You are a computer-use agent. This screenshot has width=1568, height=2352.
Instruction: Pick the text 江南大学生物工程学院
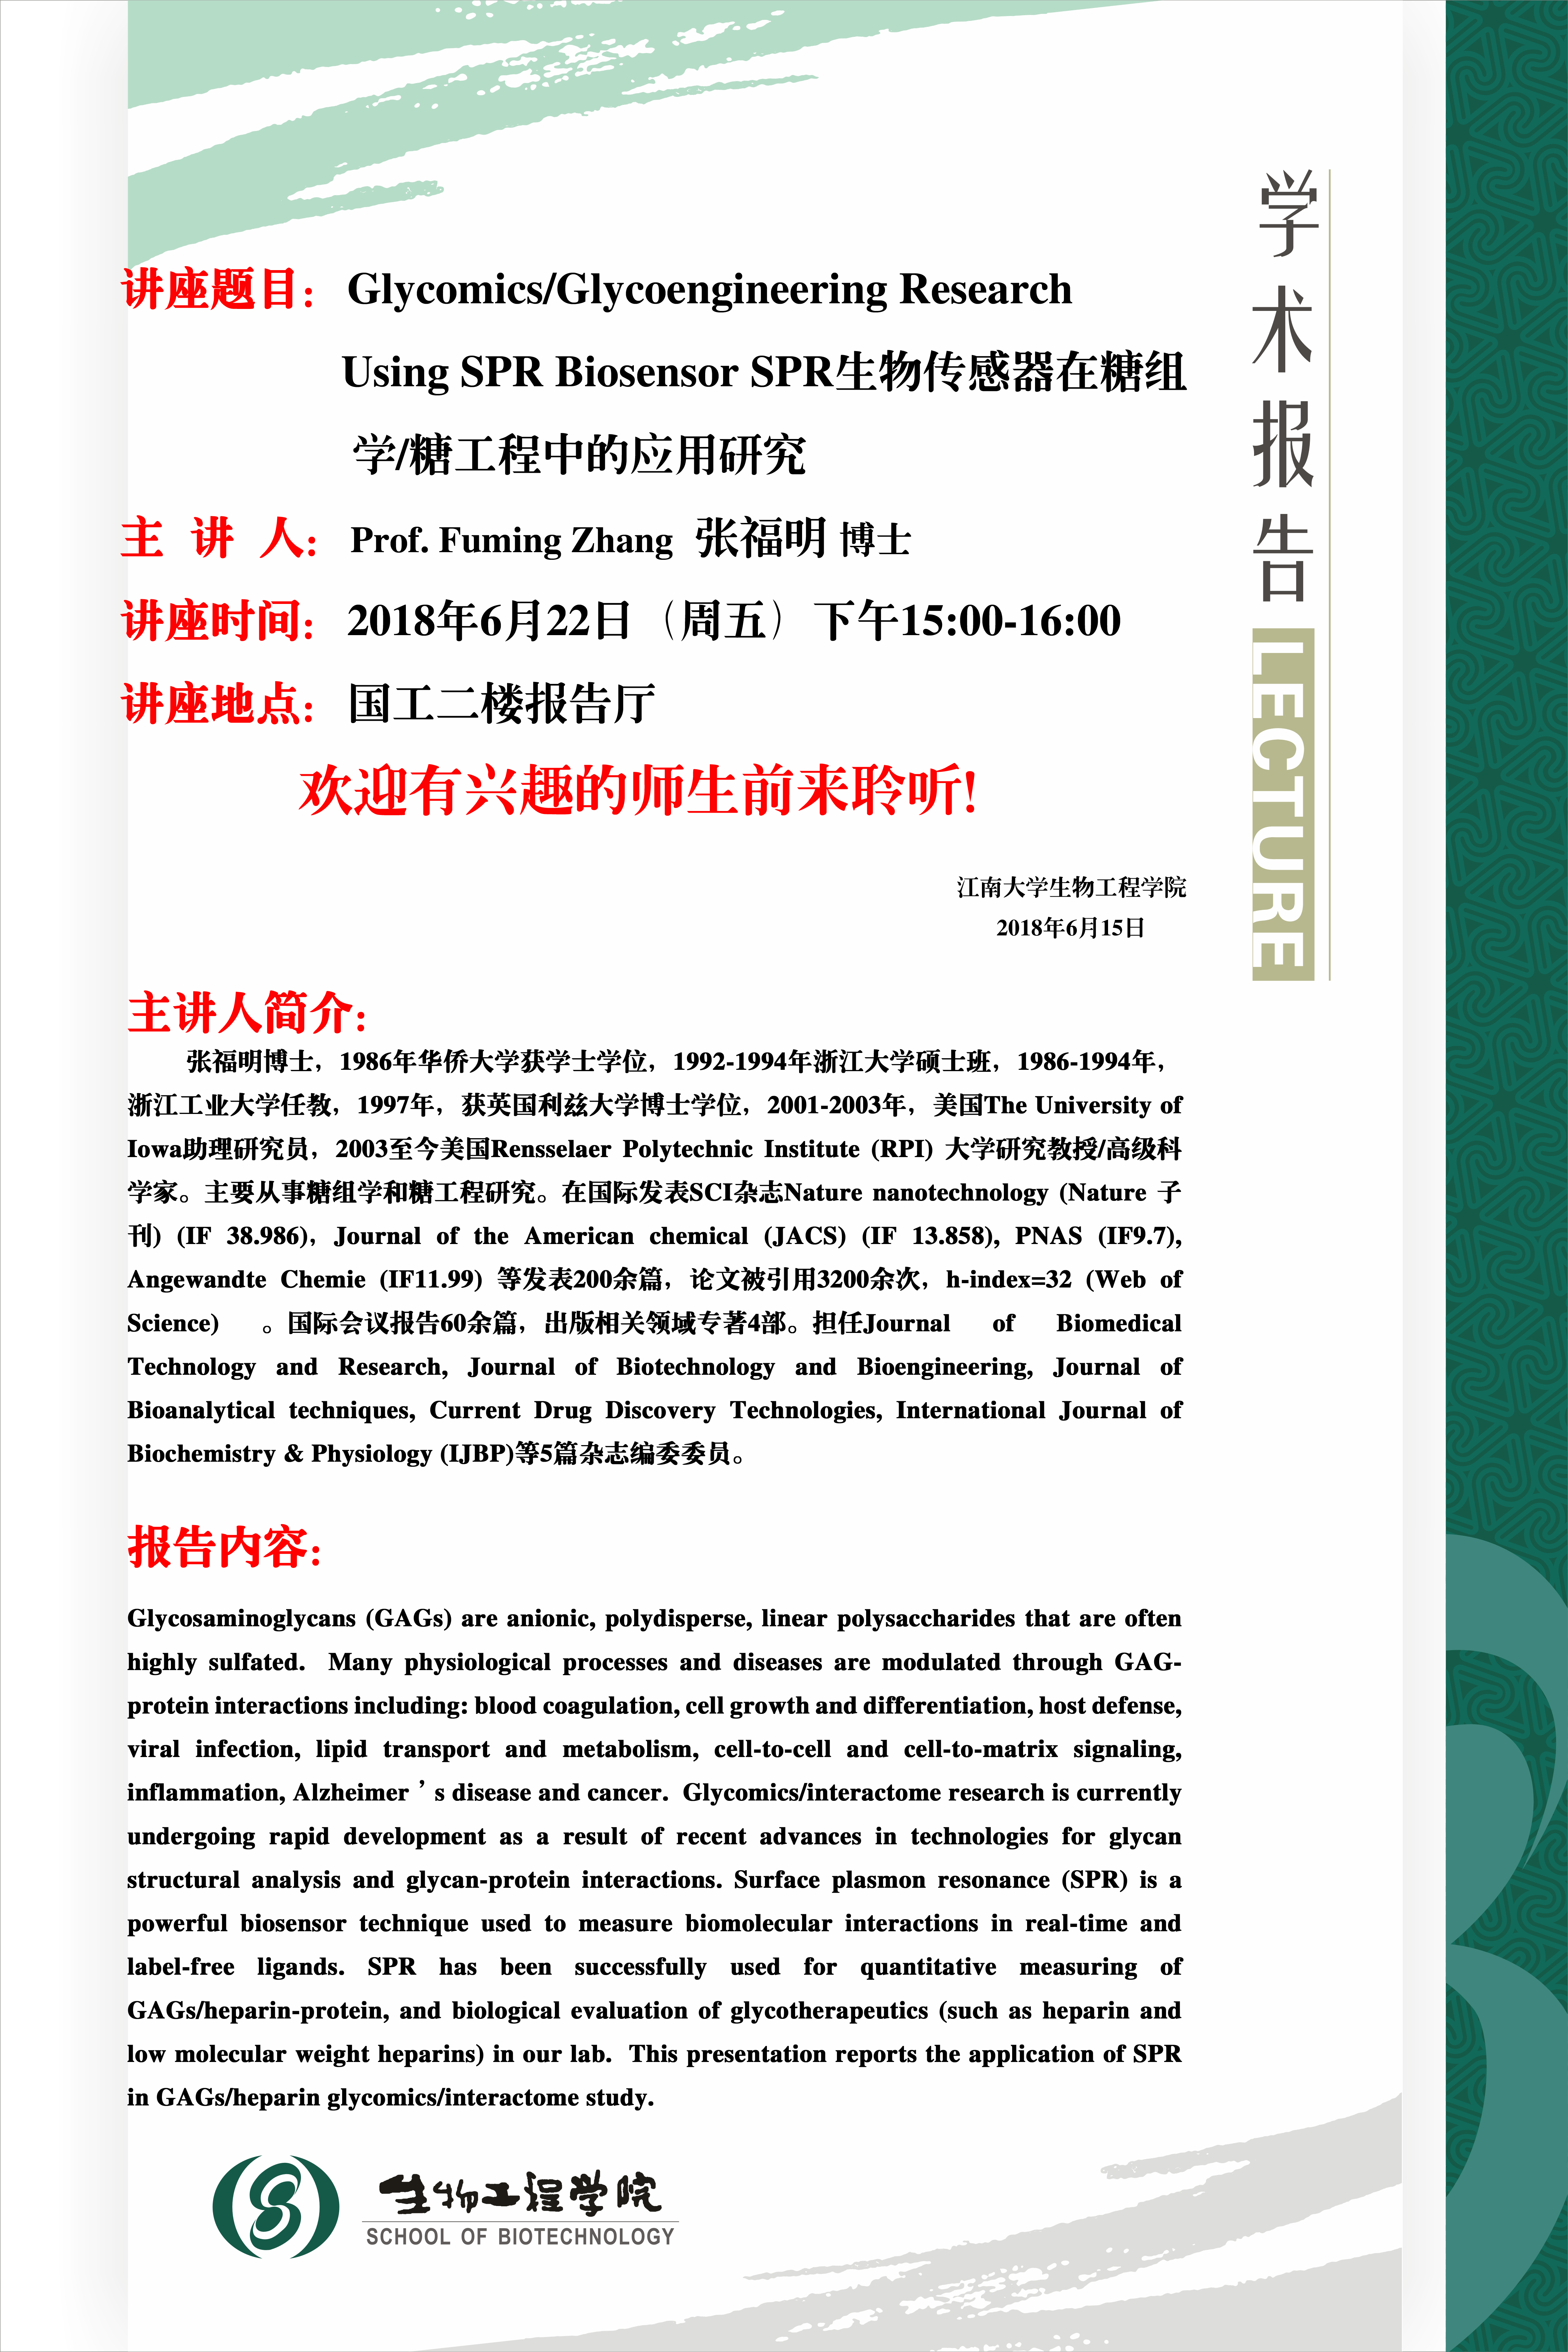point(1071,887)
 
